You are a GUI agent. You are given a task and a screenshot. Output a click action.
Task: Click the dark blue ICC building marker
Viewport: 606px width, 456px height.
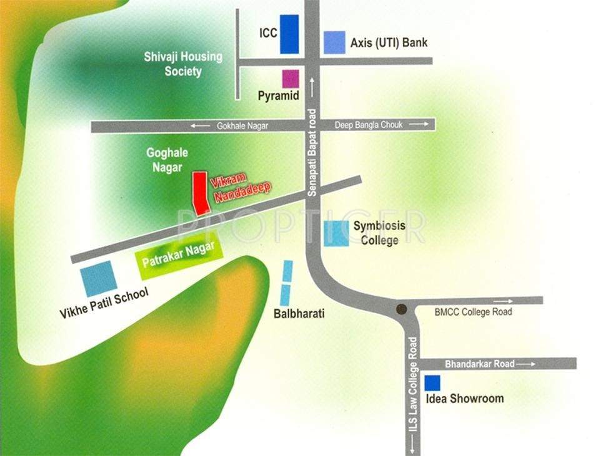[x=289, y=34]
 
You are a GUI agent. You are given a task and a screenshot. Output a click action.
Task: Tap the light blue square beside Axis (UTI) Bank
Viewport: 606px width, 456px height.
[x=334, y=42]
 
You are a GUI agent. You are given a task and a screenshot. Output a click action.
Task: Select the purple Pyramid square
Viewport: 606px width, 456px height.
[x=291, y=79]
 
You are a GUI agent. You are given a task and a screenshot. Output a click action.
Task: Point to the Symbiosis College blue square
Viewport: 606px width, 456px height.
[x=336, y=233]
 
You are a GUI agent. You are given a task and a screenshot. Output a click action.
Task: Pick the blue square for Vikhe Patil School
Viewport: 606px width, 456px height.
[x=99, y=278]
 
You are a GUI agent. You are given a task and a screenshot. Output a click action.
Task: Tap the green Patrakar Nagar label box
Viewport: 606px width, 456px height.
[x=178, y=254]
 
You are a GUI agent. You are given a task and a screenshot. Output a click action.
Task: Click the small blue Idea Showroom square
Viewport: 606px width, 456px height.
[x=432, y=383]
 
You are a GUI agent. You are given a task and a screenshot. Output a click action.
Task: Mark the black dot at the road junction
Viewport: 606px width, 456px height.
[x=402, y=309]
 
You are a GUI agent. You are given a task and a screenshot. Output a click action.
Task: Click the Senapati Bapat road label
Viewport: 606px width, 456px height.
[x=314, y=153]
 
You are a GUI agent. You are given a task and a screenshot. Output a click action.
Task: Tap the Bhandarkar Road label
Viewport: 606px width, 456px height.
[x=480, y=364]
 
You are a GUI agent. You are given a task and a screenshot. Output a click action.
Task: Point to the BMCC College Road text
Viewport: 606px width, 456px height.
[x=473, y=312]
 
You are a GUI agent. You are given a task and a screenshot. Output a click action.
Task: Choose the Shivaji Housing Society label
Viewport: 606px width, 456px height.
[x=183, y=64]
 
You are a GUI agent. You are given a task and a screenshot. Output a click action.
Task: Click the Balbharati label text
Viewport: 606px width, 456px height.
[x=299, y=314]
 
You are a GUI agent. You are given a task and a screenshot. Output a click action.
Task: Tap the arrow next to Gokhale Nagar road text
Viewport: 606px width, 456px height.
[x=201, y=126]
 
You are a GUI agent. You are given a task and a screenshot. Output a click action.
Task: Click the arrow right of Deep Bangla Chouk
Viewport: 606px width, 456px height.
[x=422, y=125]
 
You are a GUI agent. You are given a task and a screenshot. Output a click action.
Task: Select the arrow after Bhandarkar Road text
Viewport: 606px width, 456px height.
[x=527, y=364]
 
